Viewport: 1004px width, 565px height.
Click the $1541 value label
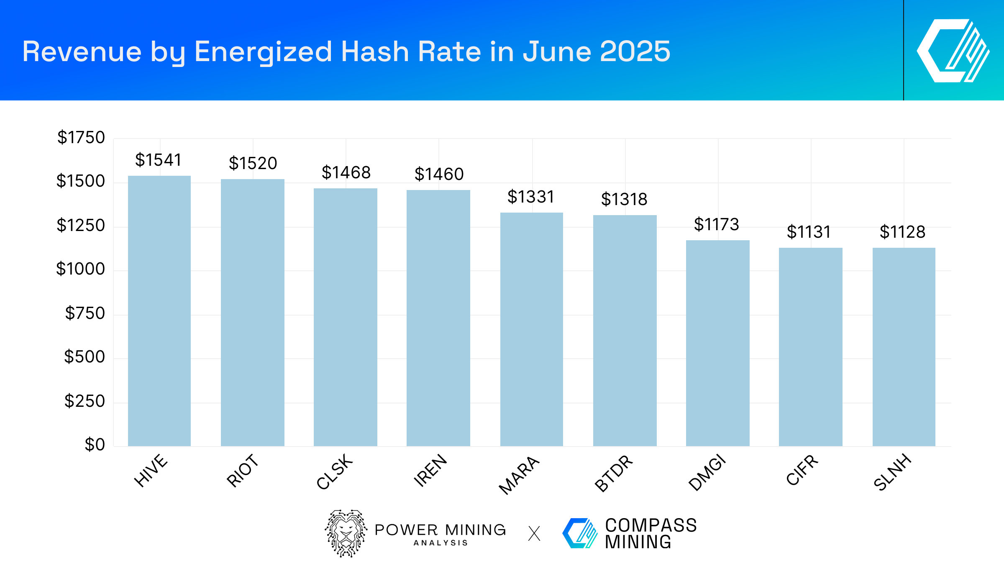click(158, 160)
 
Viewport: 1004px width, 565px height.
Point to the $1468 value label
click(346, 172)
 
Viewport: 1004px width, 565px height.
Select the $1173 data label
click(716, 224)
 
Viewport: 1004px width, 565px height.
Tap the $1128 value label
click(902, 232)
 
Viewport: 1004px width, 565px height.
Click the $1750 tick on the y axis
click(81, 137)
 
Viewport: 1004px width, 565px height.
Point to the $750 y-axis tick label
click(85, 313)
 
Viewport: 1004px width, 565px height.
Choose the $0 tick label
click(95, 444)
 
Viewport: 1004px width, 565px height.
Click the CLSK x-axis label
click(335, 471)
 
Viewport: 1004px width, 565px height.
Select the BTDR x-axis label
click(614, 473)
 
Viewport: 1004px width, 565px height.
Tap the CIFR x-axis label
click(802, 470)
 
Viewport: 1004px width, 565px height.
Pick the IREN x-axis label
click(430, 470)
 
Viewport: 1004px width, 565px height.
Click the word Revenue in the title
click(82, 51)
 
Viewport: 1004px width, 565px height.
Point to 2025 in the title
click(635, 51)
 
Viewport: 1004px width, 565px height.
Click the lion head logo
click(346, 533)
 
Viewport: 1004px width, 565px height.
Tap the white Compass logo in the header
click(953, 51)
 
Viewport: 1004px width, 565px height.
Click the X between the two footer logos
click(534, 534)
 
